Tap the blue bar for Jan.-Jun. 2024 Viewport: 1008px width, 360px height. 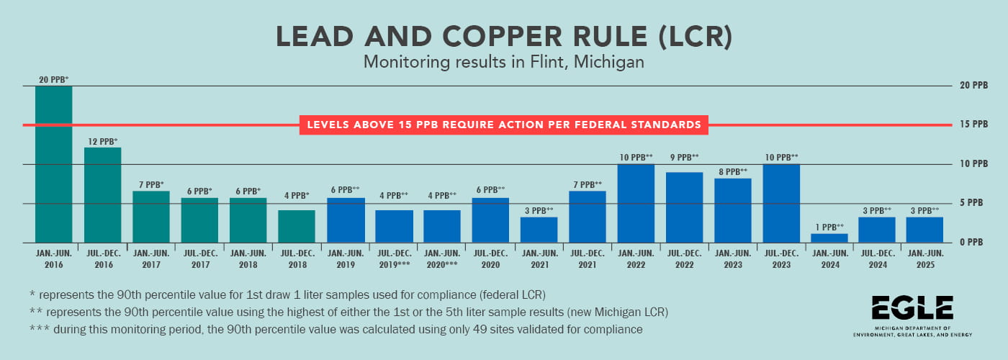click(x=829, y=238)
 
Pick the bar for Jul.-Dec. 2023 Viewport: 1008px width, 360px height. click(x=780, y=203)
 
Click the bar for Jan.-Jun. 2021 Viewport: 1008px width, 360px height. click(x=539, y=230)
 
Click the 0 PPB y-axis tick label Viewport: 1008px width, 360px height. click(x=969, y=243)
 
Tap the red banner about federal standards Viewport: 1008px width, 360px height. click(x=503, y=125)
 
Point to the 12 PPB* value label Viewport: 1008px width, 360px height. click(x=102, y=142)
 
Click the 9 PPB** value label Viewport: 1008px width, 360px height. click(x=684, y=157)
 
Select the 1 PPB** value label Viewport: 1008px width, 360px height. click(x=829, y=226)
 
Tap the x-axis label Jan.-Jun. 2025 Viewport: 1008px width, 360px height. click(x=925, y=259)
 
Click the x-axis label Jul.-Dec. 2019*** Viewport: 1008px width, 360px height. click(x=393, y=259)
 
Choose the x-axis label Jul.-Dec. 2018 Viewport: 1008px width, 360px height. click(x=297, y=259)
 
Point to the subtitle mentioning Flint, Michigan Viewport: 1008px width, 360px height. click(x=503, y=63)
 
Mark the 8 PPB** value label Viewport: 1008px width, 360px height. click(x=732, y=171)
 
